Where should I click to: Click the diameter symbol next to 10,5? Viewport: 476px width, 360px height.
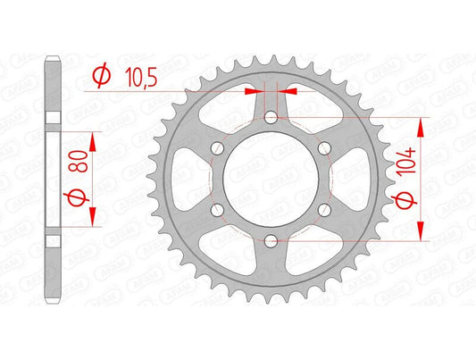99,79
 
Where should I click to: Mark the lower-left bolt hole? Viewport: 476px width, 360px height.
217,208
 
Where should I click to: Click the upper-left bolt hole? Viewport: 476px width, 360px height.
217,147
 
